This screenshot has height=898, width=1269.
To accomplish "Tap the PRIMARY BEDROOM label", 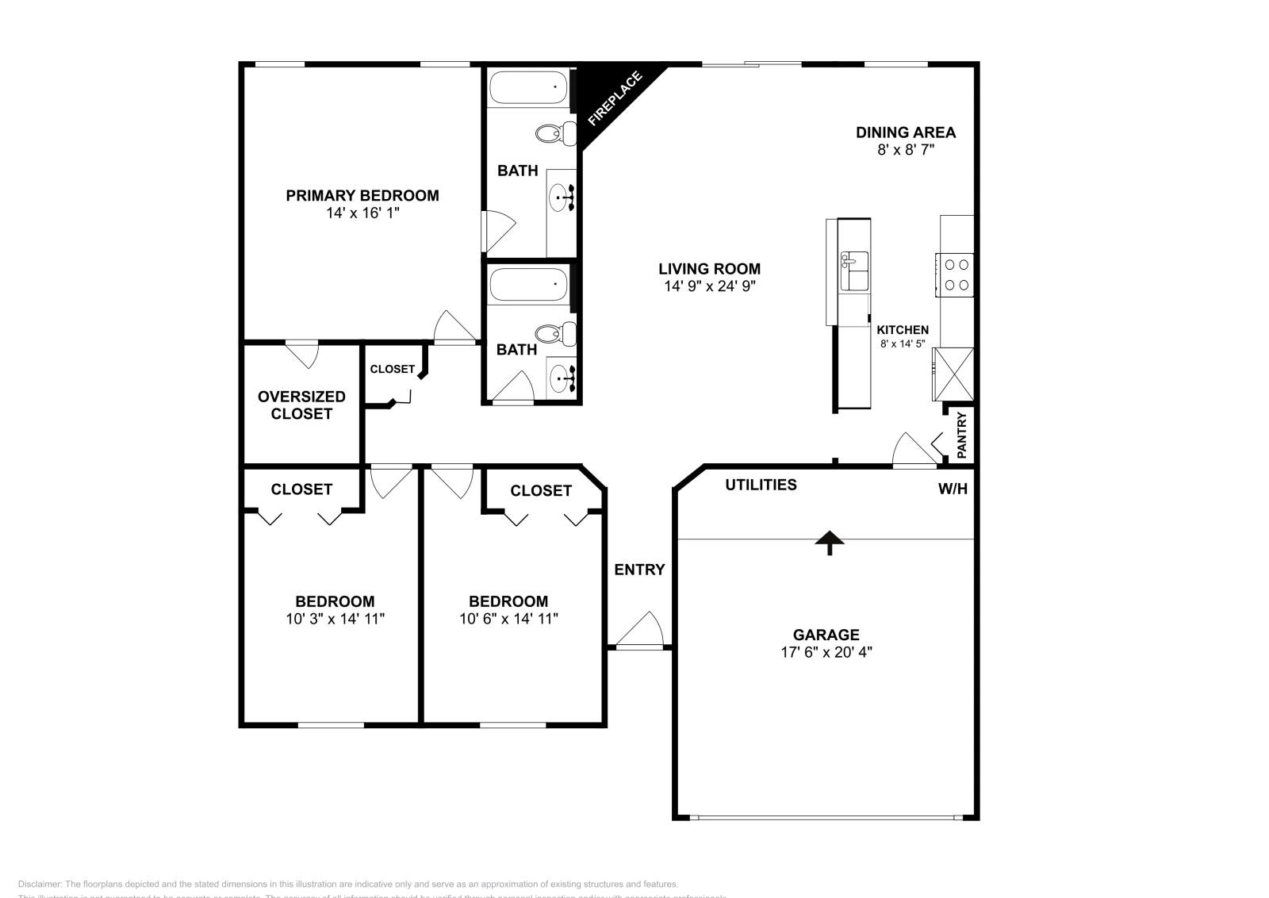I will [x=362, y=195].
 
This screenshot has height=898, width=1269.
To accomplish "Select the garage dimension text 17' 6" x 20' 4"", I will [x=826, y=652].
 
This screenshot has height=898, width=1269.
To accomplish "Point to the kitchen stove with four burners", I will [x=954, y=274].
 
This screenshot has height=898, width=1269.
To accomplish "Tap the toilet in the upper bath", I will [x=556, y=133].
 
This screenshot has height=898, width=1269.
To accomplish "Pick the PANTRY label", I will [x=962, y=435].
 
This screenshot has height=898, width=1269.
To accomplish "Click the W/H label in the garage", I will [x=953, y=489].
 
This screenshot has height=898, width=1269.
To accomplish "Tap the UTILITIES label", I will [x=761, y=485].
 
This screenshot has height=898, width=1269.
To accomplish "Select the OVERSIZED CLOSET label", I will [x=301, y=405].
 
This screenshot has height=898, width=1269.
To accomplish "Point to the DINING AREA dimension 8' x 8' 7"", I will [x=906, y=150].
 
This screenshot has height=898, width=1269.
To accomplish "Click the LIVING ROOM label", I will [x=709, y=269].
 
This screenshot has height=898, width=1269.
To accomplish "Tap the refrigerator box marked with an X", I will [x=953, y=374].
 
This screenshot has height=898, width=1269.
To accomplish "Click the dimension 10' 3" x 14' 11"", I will [x=335, y=619].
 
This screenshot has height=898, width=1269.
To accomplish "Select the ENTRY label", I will [x=639, y=570].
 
